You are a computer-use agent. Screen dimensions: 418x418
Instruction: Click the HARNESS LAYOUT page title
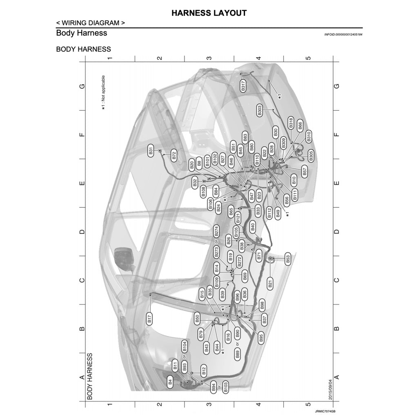pyautogui.click(x=209, y=13)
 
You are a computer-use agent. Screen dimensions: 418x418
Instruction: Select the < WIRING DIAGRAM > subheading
pyautogui.click(x=90, y=23)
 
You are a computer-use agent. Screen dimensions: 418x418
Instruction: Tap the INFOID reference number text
pyautogui.click(x=343, y=35)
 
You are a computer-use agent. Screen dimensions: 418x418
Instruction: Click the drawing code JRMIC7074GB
pyautogui.click(x=325, y=412)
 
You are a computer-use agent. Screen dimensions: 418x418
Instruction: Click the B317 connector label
pyautogui.click(x=243, y=86)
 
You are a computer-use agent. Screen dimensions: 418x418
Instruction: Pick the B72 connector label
pyautogui.click(x=174, y=155)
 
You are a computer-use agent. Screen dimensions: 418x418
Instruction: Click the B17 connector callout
pyautogui.click(x=149, y=319)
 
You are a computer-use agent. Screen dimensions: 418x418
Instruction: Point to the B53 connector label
pyautogui.click(x=287, y=259)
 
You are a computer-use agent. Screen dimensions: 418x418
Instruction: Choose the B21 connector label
pyautogui.click(x=270, y=283)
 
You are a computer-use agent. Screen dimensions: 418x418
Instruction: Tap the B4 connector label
pyautogui.click(x=170, y=383)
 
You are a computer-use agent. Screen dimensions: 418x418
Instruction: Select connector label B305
pyautogui.click(x=311, y=156)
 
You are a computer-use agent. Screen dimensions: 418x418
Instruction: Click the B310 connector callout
pyautogui.click(x=309, y=136)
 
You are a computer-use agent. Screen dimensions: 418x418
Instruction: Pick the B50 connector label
pyautogui.click(x=198, y=319)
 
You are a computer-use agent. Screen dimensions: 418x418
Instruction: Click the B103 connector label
pyautogui.click(x=225, y=386)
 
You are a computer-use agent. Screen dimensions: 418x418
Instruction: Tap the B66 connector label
pyautogui.click(x=300, y=126)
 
